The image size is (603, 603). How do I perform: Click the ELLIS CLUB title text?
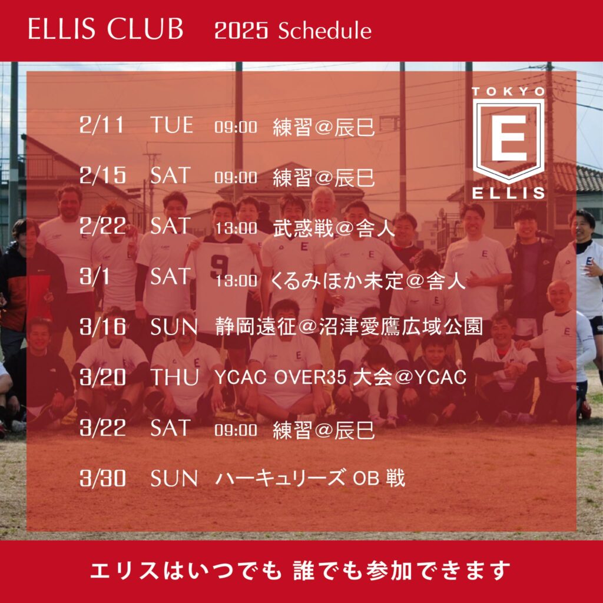[x=106, y=30]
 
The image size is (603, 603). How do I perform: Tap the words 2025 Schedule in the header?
[x=293, y=31]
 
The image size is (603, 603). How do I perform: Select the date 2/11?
[x=102, y=125]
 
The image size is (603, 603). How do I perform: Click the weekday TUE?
[x=171, y=125]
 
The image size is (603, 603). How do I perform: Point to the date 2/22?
[x=102, y=226]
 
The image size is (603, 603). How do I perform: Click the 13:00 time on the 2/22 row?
[x=236, y=228]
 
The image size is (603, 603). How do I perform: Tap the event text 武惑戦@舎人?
[x=333, y=228]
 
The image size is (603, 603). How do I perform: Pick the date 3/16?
[x=102, y=327]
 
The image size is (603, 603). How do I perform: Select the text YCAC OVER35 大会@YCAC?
[x=340, y=378]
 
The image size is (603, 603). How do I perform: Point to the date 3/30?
[x=102, y=478]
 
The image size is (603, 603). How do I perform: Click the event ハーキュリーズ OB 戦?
[x=310, y=478]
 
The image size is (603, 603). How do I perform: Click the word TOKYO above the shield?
[x=509, y=91]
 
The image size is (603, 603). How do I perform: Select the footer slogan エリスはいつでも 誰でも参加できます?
[x=300, y=570]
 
